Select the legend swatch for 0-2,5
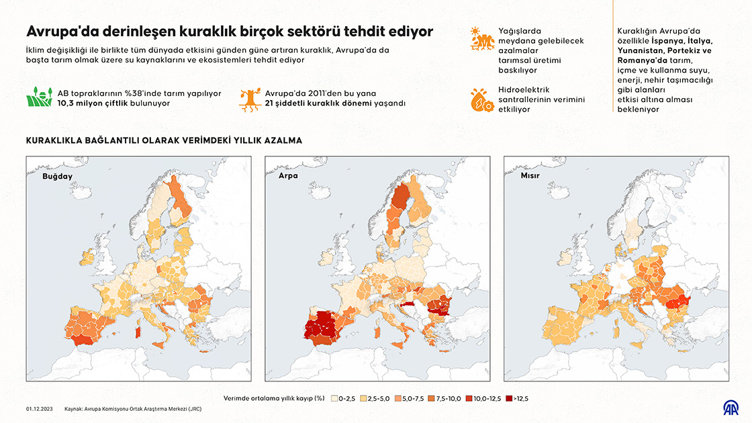click(x=334, y=398)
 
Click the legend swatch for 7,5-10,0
click(x=431, y=398)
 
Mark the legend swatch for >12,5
click(x=508, y=398)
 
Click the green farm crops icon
click(x=39, y=98)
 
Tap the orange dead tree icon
click(x=250, y=98)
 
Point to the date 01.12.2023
click(x=40, y=408)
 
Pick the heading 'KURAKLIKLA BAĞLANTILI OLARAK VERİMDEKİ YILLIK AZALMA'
click(x=164, y=140)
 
